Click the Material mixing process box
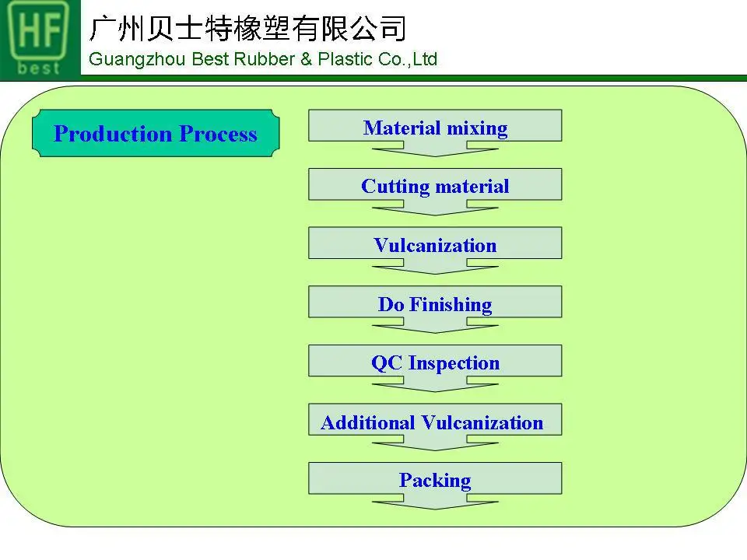(x=435, y=126)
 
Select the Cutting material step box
(x=435, y=185)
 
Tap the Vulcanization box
(x=435, y=244)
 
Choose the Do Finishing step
(x=435, y=303)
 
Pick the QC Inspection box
(x=435, y=362)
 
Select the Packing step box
(x=435, y=479)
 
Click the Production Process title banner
(x=156, y=134)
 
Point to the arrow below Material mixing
(x=435, y=149)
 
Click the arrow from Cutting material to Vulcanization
(x=435, y=208)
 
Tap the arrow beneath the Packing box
(x=435, y=502)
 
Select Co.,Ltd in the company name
(x=409, y=59)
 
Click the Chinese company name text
(x=247, y=28)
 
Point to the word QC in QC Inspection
(x=386, y=362)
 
